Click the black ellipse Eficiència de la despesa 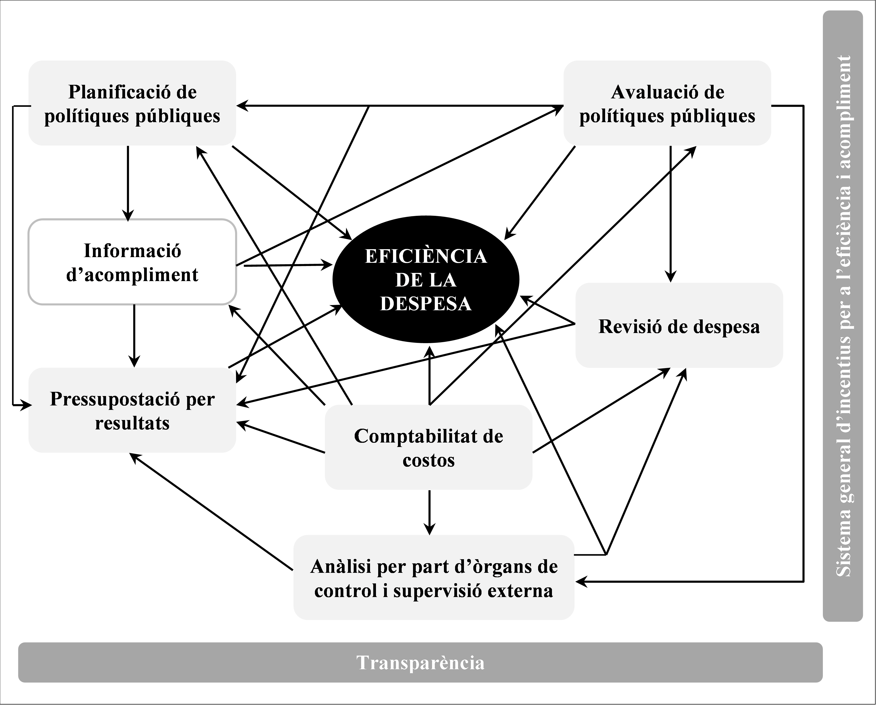425,279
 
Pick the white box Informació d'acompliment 132,262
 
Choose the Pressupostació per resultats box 132,410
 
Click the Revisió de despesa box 679,326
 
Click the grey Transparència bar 420,662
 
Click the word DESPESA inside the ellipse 425,304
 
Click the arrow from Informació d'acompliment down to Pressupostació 134,335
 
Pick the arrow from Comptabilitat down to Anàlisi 429,511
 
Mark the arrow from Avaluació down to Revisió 670,213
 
